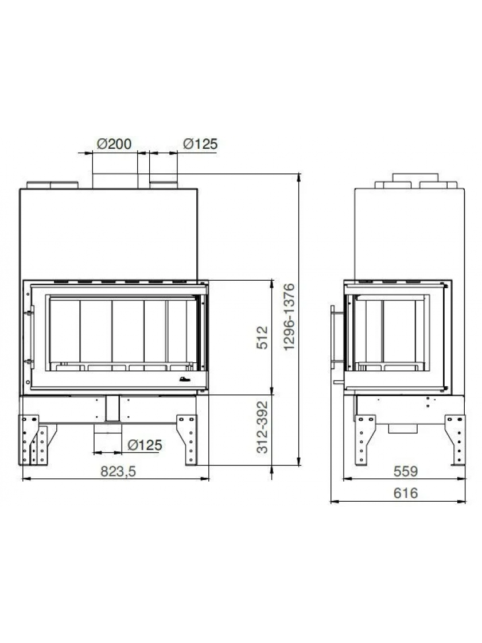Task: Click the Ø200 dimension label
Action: (114, 144)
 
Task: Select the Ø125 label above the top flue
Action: (200, 144)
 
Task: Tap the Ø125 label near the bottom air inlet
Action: (145, 445)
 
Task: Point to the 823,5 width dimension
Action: (118, 471)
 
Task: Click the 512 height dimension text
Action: (262, 338)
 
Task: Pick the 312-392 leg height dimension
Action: (262, 427)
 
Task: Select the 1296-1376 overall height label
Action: (289, 316)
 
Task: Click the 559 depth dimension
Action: (406, 471)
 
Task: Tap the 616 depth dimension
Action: (406, 493)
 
